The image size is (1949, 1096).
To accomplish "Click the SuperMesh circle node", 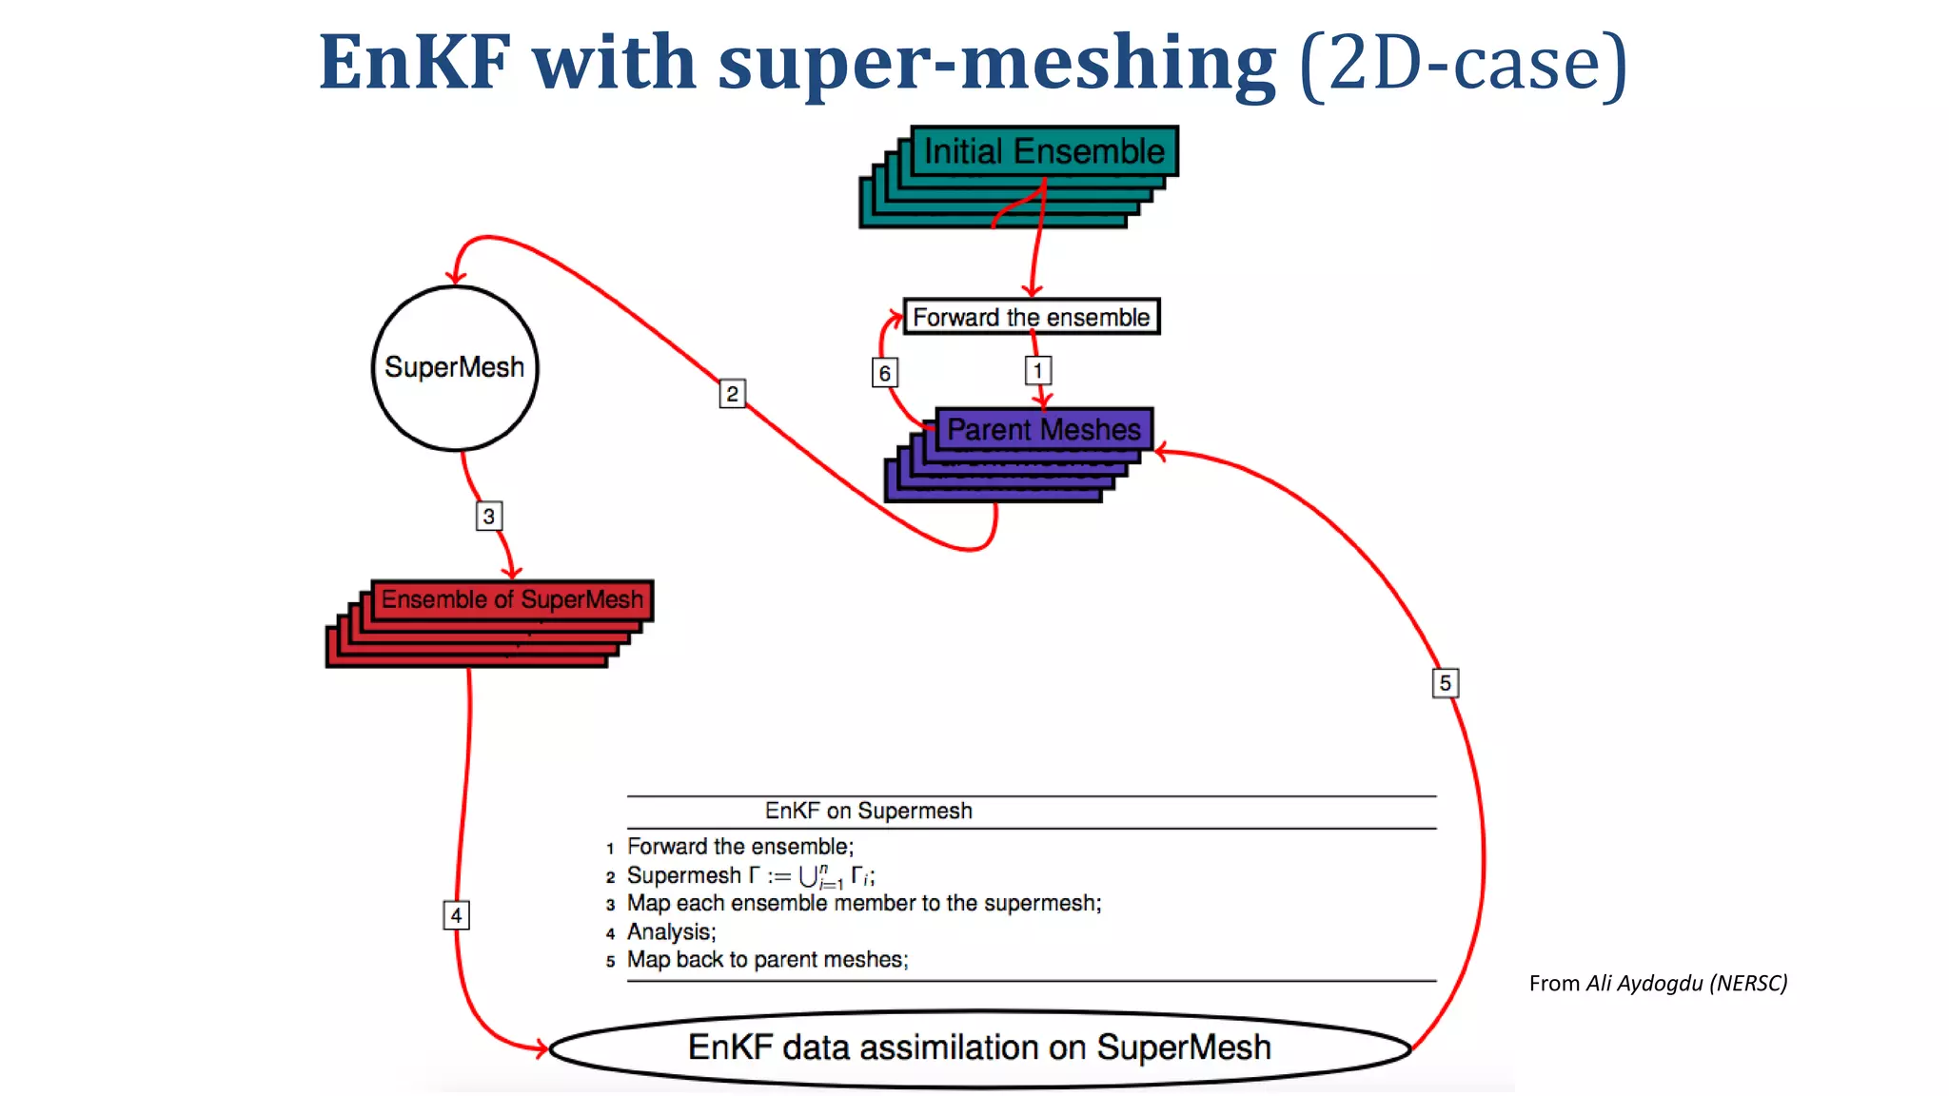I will coord(455,368).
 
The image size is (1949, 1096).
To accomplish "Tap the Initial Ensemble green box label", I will coord(1044,151).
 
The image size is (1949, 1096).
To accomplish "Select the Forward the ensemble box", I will coord(1031,317).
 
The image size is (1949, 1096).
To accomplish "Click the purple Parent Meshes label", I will coord(1044,430).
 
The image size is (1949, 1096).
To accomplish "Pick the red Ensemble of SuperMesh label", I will coord(512,599).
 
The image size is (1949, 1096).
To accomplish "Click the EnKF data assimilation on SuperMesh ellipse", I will coord(979,1047).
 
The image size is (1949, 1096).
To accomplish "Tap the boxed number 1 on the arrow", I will coord(1037,370).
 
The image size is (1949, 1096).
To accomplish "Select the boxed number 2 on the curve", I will coord(732,394).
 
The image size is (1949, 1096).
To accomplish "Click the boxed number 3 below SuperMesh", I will coord(488,516).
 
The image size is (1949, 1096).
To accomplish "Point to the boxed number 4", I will coord(456,915).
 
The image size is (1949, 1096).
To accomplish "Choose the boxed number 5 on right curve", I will coord(1445,683).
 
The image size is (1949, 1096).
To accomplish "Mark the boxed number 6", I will coord(885,373).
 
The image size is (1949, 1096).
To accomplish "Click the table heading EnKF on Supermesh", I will coord(868,811).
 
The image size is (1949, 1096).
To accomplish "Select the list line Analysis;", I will coord(671,932).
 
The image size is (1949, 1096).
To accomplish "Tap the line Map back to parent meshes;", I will coord(767,960).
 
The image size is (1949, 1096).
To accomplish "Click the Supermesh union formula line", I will coord(750,875).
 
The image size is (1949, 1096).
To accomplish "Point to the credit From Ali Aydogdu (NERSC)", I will coord(1658,983).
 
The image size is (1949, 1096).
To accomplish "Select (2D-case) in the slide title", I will coord(1464,63).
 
